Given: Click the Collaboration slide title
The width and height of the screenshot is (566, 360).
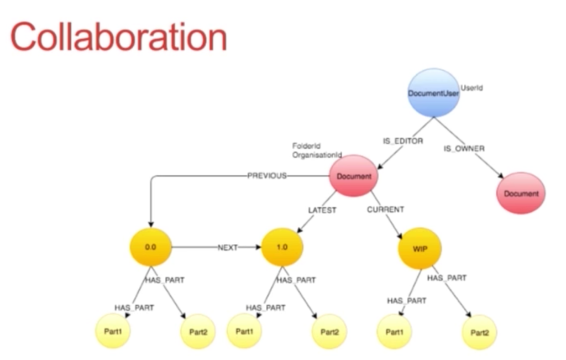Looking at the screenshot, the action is [x=119, y=36].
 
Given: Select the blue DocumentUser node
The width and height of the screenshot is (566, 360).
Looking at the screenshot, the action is [x=433, y=93].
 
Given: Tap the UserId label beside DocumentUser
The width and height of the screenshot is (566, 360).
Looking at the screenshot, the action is [x=471, y=88].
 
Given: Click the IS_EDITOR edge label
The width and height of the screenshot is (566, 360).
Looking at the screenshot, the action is [x=403, y=141].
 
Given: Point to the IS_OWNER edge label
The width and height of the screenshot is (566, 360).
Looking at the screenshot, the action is [x=464, y=148].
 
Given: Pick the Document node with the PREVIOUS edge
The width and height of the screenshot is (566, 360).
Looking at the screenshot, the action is [x=353, y=176].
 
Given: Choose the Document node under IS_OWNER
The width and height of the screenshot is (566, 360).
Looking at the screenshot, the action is [x=521, y=193].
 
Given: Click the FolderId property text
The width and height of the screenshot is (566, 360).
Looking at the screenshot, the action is [x=306, y=146].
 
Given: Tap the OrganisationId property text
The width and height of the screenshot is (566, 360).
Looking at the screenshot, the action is [x=317, y=155].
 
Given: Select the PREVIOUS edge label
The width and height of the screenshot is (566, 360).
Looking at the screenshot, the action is [x=267, y=175].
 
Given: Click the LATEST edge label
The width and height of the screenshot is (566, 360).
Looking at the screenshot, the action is [x=322, y=210].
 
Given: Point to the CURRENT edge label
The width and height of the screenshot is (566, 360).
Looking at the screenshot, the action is [x=385, y=210].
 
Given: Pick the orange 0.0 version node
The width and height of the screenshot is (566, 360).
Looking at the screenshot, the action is [x=150, y=247].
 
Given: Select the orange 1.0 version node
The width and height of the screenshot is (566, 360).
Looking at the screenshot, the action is [x=281, y=247].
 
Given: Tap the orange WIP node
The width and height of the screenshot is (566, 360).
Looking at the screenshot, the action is [x=420, y=248].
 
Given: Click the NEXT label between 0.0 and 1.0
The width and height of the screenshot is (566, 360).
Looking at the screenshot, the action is [x=227, y=248].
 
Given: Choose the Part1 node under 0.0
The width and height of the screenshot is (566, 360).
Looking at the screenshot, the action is [x=113, y=331].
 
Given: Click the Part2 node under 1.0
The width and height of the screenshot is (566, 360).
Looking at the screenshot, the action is [x=329, y=332].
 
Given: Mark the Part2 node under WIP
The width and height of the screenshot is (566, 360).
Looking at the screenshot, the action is [x=479, y=332].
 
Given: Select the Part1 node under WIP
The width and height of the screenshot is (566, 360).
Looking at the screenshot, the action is [x=394, y=332].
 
